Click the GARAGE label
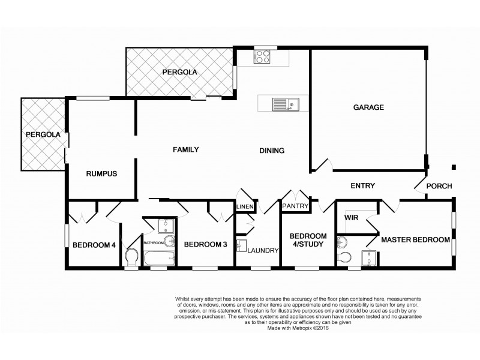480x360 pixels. pyautogui.click(x=368, y=107)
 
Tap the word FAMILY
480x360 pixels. pyautogui.click(x=185, y=149)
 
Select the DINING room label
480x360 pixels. pyautogui.click(x=271, y=151)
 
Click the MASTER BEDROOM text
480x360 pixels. pyautogui.click(x=415, y=239)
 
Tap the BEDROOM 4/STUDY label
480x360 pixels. pyautogui.click(x=308, y=239)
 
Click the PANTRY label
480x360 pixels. pyautogui.click(x=295, y=206)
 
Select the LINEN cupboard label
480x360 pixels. pyautogui.click(x=245, y=207)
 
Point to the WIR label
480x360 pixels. pyautogui.click(x=352, y=219)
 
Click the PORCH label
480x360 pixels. pyautogui.click(x=439, y=186)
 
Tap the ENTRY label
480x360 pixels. pyautogui.click(x=362, y=186)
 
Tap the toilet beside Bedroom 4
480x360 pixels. pyautogui.click(x=131, y=257)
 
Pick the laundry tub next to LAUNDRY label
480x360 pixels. pyautogui.click(x=242, y=247)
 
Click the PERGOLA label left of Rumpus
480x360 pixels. pyautogui.click(x=43, y=135)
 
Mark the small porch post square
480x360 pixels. pyautogui.click(x=454, y=167)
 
